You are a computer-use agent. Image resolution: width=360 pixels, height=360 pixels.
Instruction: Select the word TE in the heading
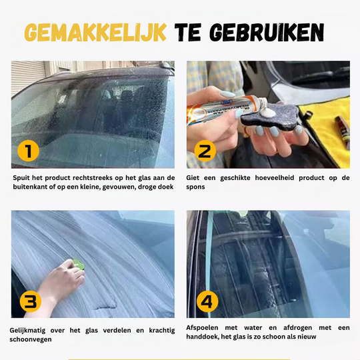coord(189,33)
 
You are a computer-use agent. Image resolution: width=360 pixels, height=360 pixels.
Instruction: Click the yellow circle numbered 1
coord(28,151)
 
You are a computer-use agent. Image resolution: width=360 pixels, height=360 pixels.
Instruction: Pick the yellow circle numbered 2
coord(204,151)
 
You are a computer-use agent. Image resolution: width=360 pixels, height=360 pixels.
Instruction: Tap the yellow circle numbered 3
coord(28,301)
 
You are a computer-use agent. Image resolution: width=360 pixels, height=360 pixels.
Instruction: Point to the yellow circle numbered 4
coord(207,301)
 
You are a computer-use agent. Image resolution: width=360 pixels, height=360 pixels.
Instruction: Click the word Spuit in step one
coord(21,178)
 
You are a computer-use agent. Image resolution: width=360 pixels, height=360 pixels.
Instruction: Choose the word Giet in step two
coord(195,178)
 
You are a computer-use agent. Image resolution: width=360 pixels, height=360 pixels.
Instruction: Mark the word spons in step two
coord(197,187)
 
